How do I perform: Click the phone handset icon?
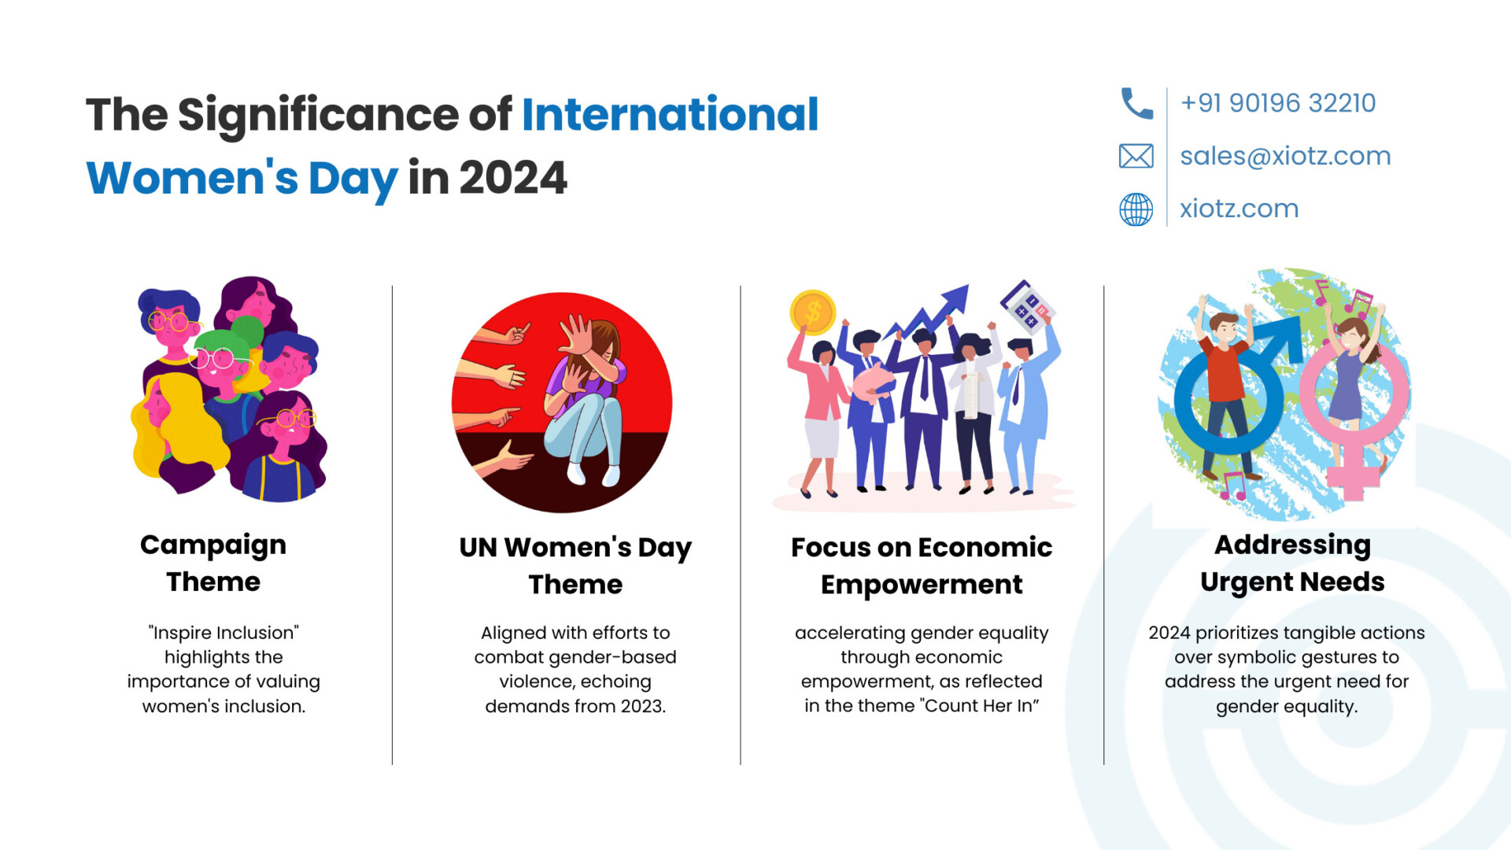[x=1136, y=103]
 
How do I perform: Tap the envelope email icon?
[x=1136, y=156]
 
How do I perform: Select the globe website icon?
[x=1136, y=209]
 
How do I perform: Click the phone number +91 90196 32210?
[x=1278, y=103]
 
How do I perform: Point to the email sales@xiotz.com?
[x=1285, y=156]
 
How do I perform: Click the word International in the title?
[x=671, y=114]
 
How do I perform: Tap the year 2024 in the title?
[x=513, y=178]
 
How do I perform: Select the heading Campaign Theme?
[x=213, y=563]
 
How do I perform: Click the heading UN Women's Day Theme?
[x=575, y=565]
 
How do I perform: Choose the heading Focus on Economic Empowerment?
[x=922, y=565]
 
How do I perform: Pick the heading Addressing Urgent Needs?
[x=1292, y=563]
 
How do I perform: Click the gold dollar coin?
[x=812, y=312]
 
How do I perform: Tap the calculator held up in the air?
[x=1027, y=307]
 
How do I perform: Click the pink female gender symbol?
[x=1354, y=409]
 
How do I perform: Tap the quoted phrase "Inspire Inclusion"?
[x=224, y=633]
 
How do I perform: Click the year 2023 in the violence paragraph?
[x=643, y=706]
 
